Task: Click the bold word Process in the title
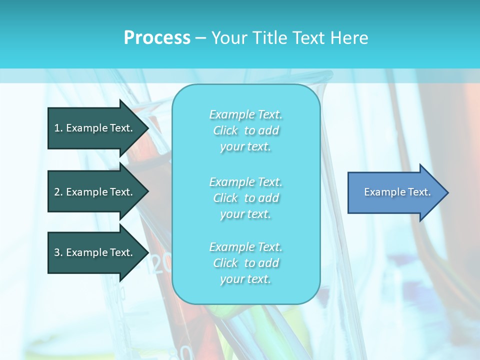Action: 157,38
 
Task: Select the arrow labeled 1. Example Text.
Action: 95,128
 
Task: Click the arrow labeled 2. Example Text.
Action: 95,192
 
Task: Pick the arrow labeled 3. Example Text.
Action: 95,252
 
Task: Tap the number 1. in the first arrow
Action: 58,128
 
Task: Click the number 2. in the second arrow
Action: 58,192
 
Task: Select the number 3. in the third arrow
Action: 58,252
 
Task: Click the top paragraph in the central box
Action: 245,130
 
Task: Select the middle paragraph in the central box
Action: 245,198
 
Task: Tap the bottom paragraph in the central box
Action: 245,263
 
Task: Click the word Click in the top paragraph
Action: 225,131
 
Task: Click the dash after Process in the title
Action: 201,38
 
